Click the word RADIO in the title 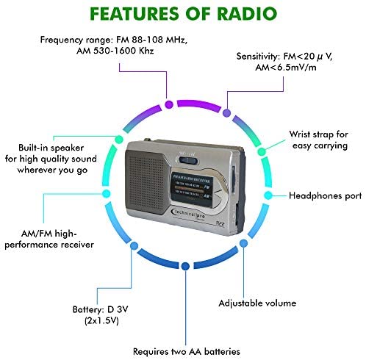(247, 13)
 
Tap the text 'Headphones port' (326, 196)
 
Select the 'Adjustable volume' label (257, 303)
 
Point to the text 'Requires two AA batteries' (187, 352)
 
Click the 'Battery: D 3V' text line (101, 309)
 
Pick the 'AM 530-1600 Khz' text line (115, 51)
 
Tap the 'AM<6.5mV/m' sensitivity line (286, 68)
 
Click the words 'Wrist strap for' (318, 134)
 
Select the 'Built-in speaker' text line (51, 148)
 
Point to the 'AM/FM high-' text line (49, 234)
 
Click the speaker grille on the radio (146, 181)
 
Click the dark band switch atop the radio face (188, 161)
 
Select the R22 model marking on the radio (220, 223)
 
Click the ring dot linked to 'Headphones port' (268, 195)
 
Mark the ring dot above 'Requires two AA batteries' (185, 266)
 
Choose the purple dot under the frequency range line (169, 104)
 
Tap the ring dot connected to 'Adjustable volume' (243, 243)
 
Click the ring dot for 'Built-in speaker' (119, 140)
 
